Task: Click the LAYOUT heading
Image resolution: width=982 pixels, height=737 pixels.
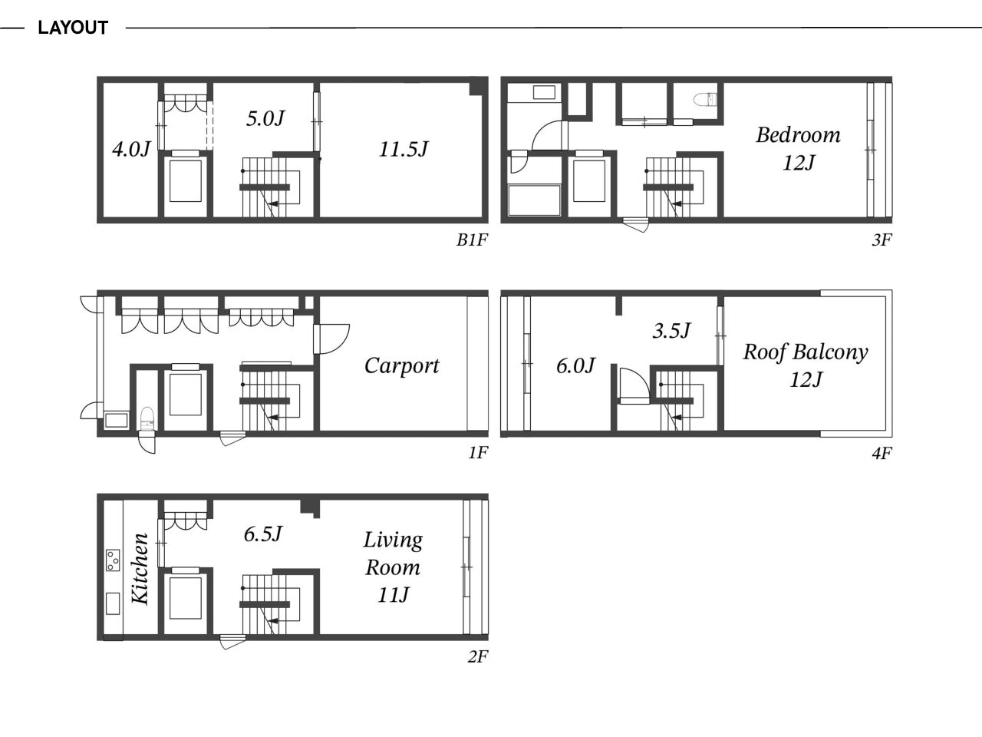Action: point(73,28)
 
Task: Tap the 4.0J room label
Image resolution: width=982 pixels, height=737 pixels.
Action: point(131,149)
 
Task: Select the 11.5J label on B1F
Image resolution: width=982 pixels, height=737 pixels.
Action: point(404,149)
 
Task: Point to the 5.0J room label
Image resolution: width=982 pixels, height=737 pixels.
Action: point(265,118)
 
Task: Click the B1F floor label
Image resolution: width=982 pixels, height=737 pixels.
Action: point(472,240)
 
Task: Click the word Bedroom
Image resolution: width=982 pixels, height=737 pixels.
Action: point(798,135)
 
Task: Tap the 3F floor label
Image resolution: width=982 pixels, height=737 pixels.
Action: point(881,240)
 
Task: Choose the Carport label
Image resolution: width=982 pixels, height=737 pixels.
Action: point(402,366)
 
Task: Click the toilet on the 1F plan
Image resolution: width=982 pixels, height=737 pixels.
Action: point(147,419)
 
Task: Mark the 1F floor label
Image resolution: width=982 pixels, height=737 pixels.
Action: point(478,453)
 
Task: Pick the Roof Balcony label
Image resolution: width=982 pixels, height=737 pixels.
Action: point(806,352)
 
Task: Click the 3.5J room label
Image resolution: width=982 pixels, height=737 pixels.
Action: point(671,331)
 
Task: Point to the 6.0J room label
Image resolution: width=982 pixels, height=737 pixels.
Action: point(575,366)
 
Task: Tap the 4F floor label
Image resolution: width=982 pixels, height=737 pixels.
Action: point(881,454)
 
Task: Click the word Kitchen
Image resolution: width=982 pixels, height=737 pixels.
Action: point(140,568)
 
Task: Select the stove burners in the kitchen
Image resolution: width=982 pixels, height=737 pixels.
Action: point(113,560)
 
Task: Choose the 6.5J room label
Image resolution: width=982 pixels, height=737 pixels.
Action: point(263,534)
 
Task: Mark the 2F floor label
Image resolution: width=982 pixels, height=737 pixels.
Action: point(477,657)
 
